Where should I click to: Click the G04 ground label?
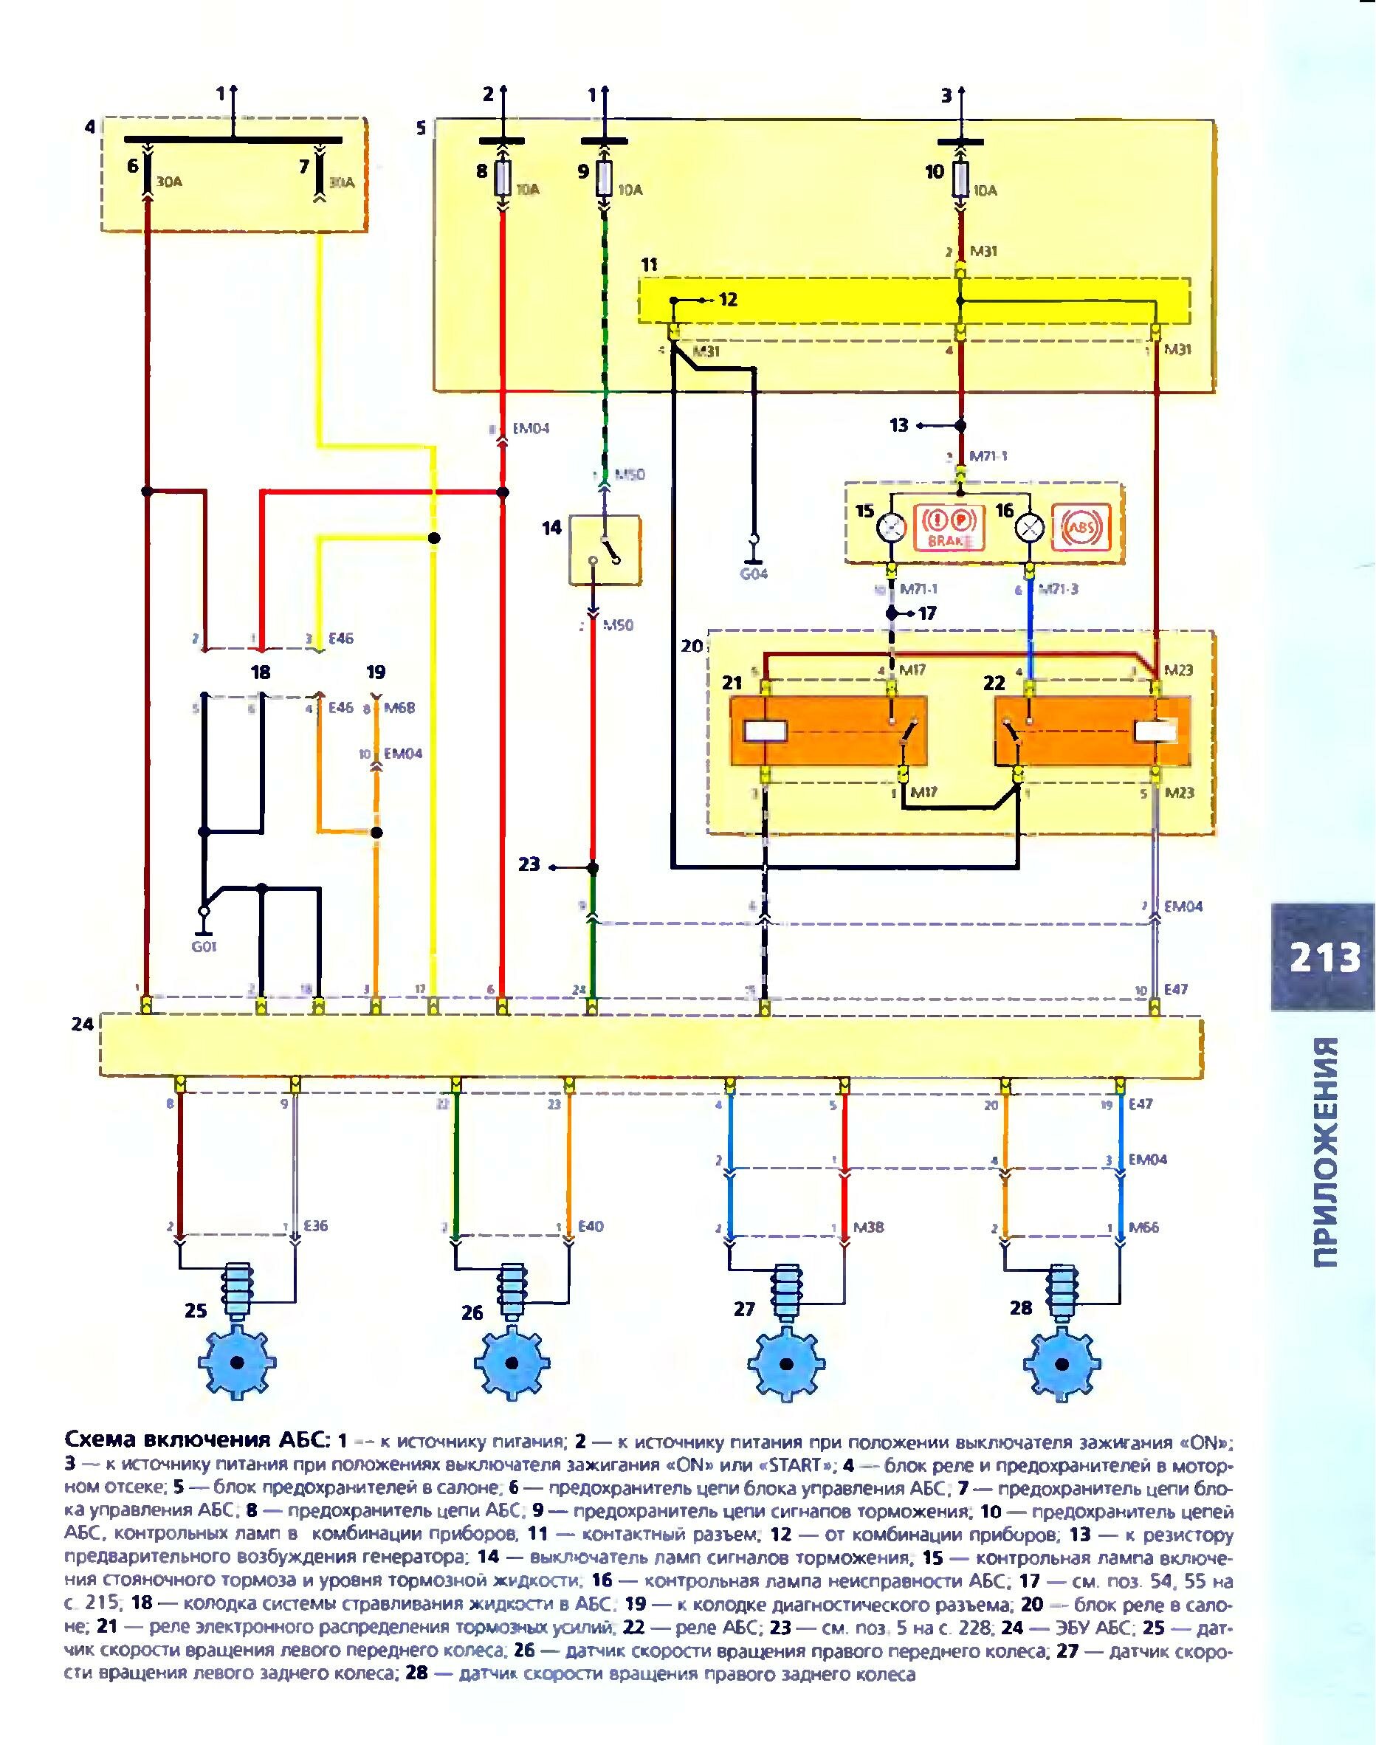click(x=753, y=574)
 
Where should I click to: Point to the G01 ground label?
click(x=204, y=946)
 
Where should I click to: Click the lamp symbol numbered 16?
click(x=1030, y=529)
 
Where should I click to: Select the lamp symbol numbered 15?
click(x=892, y=528)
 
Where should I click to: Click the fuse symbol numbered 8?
click(x=502, y=178)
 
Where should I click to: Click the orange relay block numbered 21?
click(x=828, y=731)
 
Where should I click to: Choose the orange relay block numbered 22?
click(x=1093, y=731)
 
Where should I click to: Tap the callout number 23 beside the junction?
click(x=529, y=865)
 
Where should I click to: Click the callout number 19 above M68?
click(x=376, y=672)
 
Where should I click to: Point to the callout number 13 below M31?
click(x=898, y=425)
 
